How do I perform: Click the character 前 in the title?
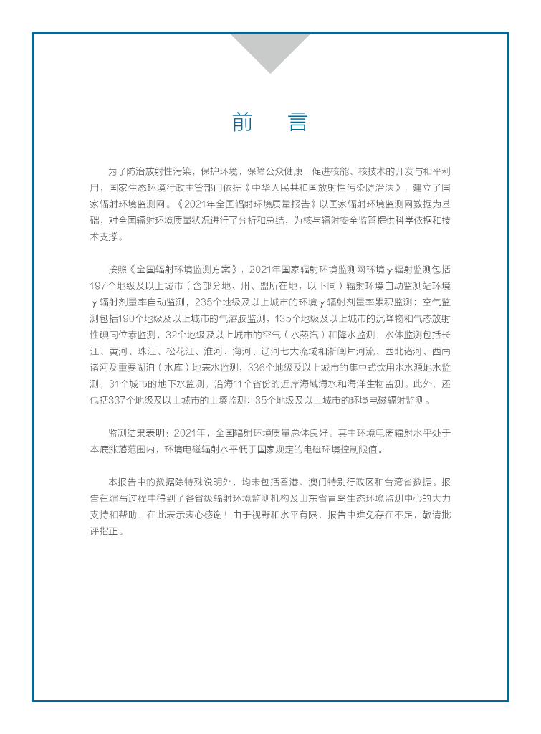point(243,122)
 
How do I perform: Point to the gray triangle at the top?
point(270,49)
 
